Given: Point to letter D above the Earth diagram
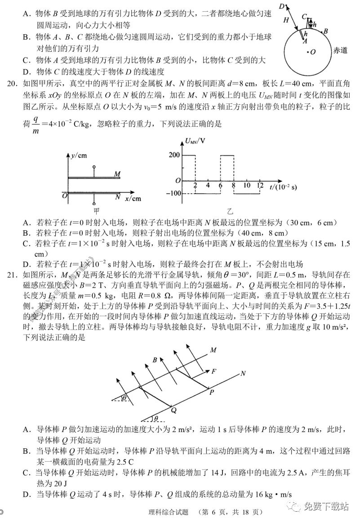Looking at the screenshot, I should [281, 6].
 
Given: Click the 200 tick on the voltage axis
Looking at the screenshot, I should [174, 155].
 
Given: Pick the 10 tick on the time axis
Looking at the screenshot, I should [246, 185].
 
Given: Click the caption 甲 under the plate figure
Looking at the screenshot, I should [96, 210].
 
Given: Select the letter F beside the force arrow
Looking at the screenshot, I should [214, 371].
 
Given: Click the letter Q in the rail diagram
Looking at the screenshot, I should [173, 410].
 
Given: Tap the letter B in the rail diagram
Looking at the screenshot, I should [155, 360].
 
